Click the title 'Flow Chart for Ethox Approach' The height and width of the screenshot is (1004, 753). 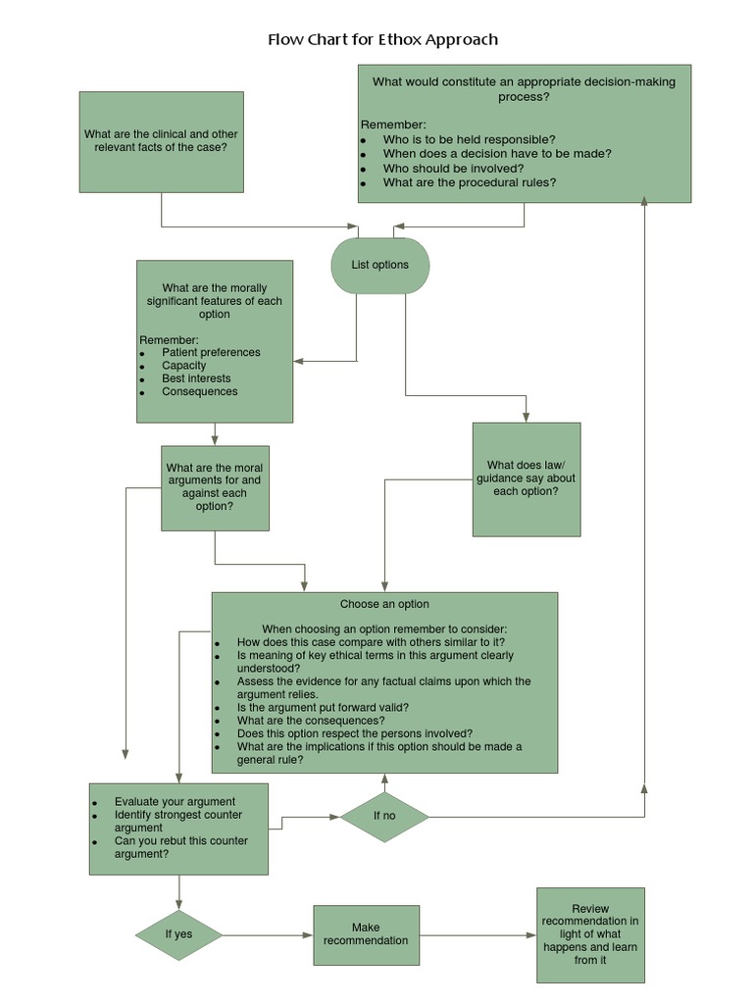coord(382,40)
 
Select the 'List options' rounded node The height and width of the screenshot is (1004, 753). coord(380,265)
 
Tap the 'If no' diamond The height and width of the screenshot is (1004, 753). coord(384,816)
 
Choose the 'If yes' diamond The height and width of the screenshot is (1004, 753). coord(178,934)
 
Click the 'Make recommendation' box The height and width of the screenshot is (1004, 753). coord(366,933)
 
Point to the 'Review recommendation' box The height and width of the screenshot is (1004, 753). coord(590,934)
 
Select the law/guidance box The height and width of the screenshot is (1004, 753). coord(526,478)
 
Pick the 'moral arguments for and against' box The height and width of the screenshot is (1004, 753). coord(215,487)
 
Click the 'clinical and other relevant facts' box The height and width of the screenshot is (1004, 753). coord(161,141)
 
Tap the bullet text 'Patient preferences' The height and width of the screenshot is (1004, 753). coord(211,353)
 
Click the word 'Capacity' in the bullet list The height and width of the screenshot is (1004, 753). coord(184,366)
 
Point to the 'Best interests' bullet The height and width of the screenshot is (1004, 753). coord(196,378)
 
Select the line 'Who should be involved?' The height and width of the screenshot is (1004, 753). coord(453,168)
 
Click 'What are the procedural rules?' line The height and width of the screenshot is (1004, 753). coord(470,182)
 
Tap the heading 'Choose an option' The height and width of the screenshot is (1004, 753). coord(384,604)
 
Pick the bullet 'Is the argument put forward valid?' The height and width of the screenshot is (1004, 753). coord(323,707)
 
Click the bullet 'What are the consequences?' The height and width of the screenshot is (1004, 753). coord(311,720)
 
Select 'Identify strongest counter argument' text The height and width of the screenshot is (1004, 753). coord(177,822)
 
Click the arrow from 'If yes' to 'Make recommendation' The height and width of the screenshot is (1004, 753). coord(267,935)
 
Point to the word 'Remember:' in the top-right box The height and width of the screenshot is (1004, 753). coord(393,125)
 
